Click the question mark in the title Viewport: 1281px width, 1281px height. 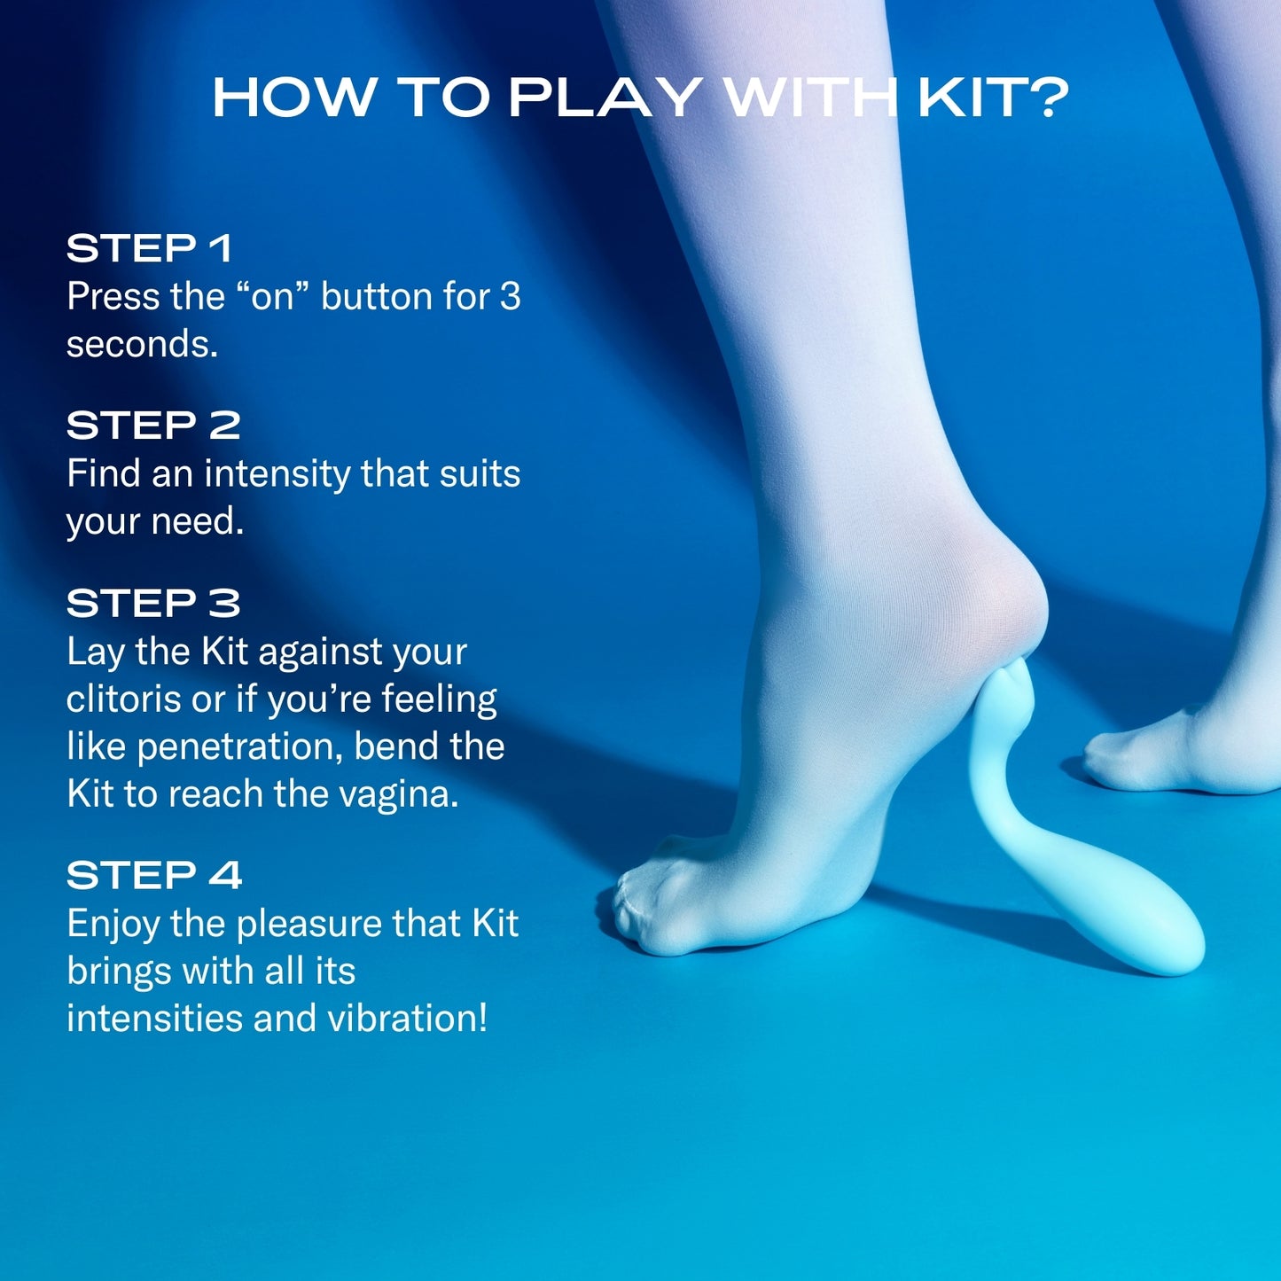point(1046,98)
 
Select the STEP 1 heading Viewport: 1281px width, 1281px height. point(150,248)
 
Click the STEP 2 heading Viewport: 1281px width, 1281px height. point(152,425)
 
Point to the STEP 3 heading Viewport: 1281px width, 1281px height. point(152,603)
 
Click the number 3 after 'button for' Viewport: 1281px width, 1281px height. point(510,296)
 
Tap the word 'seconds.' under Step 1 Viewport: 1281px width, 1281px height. point(142,345)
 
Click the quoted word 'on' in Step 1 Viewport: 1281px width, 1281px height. point(272,296)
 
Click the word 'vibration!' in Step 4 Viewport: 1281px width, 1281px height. point(407,1018)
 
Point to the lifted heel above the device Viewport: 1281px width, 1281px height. point(997,598)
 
